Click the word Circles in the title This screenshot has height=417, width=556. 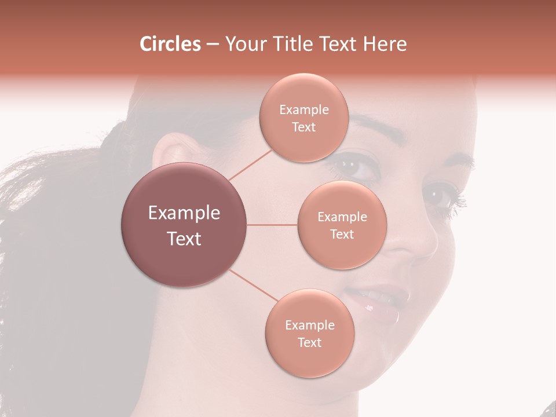pyautogui.click(x=170, y=44)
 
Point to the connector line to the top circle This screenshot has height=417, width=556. pyautogui.click(x=250, y=164)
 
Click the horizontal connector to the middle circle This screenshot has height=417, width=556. pyautogui.click(x=272, y=225)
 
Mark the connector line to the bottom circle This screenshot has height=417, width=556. pyautogui.click(x=253, y=285)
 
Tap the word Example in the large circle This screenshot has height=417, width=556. pyautogui.click(x=184, y=213)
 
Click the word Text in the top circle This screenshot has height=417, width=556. pyautogui.click(x=303, y=127)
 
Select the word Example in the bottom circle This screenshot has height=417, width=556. pyautogui.click(x=309, y=325)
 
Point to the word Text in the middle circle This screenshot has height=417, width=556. pyautogui.click(x=342, y=235)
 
